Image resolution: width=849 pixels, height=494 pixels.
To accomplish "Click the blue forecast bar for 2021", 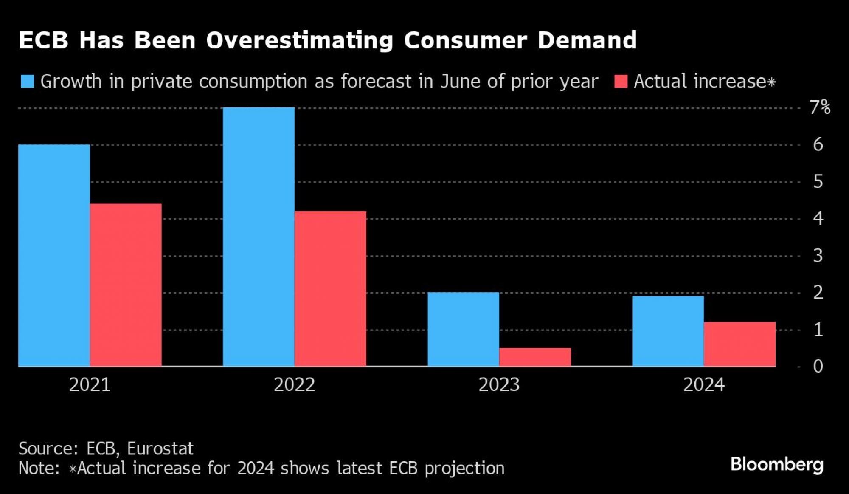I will click(54, 255).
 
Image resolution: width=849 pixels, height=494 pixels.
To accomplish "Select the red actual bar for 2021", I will click(126, 285).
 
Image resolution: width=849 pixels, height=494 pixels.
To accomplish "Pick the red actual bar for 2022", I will click(330, 288).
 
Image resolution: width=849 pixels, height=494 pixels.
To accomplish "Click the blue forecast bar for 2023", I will click(463, 329).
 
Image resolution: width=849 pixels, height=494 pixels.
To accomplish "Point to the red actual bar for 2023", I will click(535, 357).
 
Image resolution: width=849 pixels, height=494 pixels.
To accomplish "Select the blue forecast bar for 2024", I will click(668, 331).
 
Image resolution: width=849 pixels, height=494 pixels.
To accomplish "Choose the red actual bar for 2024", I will click(739, 344).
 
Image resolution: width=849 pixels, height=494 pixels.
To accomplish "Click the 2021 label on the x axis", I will click(90, 385).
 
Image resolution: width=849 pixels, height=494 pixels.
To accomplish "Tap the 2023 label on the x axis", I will click(499, 385).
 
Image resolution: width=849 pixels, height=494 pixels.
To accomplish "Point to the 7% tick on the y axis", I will click(820, 107).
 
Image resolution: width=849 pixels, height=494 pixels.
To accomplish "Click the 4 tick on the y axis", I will click(818, 218).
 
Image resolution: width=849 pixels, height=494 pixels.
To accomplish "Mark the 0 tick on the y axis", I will click(818, 366).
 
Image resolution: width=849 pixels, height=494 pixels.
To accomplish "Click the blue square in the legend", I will click(28, 81).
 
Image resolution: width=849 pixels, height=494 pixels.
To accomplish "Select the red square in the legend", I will click(621, 81).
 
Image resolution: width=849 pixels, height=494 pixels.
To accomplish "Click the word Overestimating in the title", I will click(300, 40).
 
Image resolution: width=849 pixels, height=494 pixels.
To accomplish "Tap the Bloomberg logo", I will click(776, 464).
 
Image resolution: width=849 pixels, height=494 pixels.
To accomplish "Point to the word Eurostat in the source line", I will click(160, 449).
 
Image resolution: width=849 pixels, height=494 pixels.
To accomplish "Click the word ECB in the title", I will click(44, 40).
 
